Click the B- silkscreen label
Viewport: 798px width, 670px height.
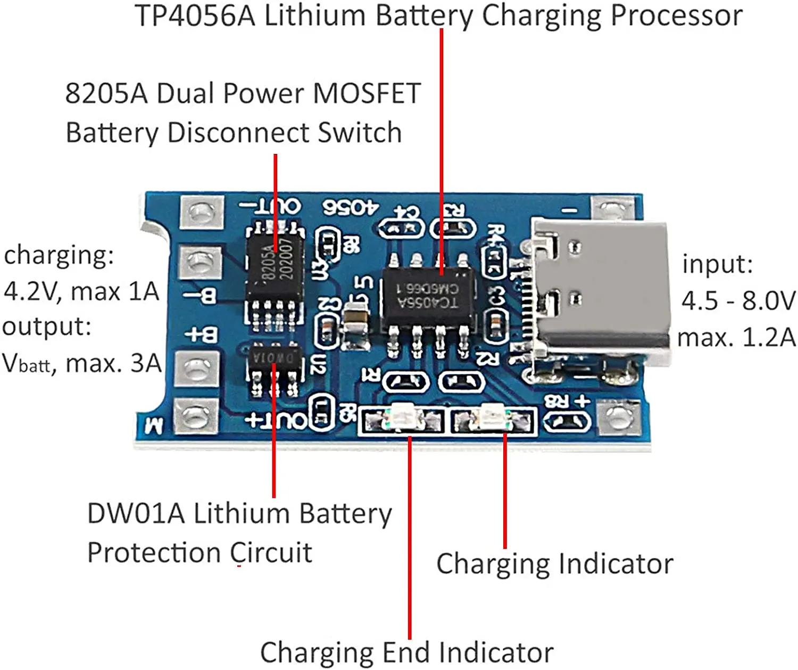pyautogui.click(x=201, y=296)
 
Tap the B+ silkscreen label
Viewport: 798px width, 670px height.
pyautogui.click(x=201, y=334)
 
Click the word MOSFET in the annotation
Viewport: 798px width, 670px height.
pyautogui.click(x=367, y=93)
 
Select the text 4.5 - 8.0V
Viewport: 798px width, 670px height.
pyautogui.click(x=738, y=301)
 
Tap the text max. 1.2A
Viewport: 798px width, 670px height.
pyautogui.click(x=736, y=338)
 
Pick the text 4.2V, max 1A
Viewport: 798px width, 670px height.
pyautogui.click(x=81, y=292)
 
